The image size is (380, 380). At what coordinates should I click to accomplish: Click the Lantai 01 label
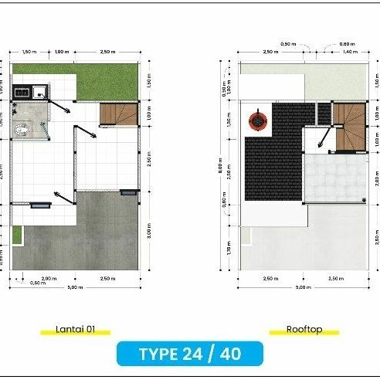(x=75, y=329)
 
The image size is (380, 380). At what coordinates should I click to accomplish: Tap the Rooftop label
(x=304, y=329)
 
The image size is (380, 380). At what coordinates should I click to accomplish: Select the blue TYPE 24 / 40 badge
(x=189, y=355)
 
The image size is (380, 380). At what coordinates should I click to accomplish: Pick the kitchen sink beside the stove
(x=38, y=91)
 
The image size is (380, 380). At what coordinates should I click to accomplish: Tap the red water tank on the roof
(x=256, y=120)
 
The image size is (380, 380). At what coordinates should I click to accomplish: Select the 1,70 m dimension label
(x=229, y=248)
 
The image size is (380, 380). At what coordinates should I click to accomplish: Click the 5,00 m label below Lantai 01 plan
(x=74, y=287)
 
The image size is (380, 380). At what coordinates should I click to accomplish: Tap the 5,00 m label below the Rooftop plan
(x=304, y=287)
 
